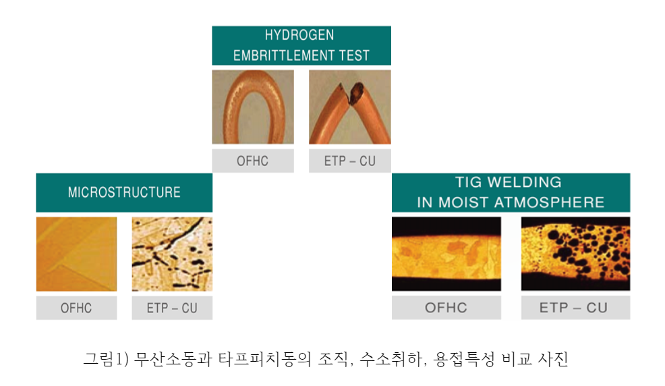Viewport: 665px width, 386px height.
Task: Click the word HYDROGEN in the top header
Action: tap(299, 35)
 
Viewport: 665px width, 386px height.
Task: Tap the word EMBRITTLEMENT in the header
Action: tap(279, 55)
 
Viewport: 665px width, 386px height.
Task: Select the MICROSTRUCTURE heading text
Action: tap(124, 192)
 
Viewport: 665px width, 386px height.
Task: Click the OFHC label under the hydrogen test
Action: tap(252, 161)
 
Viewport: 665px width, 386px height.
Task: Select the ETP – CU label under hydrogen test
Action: tap(350, 161)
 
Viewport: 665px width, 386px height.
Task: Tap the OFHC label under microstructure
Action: tap(76, 308)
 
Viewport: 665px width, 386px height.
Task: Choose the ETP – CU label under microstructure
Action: tap(172, 308)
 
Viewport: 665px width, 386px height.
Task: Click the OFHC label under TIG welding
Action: tap(446, 308)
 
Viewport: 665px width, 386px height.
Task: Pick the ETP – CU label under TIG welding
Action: tap(573, 308)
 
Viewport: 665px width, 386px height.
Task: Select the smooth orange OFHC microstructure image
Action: tap(76, 254)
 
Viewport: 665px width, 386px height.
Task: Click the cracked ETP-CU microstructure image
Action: tap(172, 254)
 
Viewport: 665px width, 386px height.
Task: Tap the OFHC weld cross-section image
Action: tap(446, 254)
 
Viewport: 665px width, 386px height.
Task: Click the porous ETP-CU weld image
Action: tap(575, 254)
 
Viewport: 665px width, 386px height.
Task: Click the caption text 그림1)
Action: tap(106, 359)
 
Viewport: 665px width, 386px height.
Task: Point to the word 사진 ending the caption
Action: tap(553, 359)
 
